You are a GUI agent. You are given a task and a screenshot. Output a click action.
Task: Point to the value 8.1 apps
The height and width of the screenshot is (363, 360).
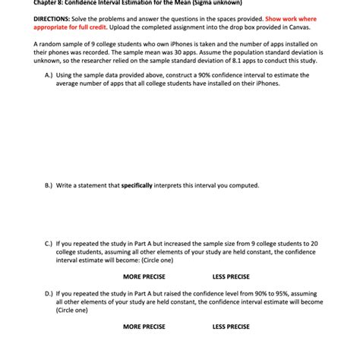pyautogui.click(x=255, y=61)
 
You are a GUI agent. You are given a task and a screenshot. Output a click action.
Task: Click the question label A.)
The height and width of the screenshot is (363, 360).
pyautogui.click(x=49, y=76)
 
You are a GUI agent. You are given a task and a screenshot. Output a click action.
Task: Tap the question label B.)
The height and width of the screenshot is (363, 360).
pyautogui.click(x=49, y=185)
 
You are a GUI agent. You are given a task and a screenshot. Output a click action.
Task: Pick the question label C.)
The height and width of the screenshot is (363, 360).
pyautogui.click(x=49, y=244)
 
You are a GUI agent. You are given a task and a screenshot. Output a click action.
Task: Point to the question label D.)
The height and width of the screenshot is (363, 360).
pyautogui.click(x=49, y=293)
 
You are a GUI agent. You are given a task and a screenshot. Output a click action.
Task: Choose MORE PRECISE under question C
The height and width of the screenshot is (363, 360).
pyautogui.click(x=144, y=276)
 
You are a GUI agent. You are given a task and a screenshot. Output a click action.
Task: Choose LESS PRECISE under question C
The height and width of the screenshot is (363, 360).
pyautogui.click(x=231, y=276)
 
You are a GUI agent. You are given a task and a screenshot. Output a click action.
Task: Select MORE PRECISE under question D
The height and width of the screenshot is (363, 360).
pyautogui.click(x=144, y=327)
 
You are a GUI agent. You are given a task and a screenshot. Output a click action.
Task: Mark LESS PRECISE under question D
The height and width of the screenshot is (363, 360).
pyautogui.click(x=231, y=327)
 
